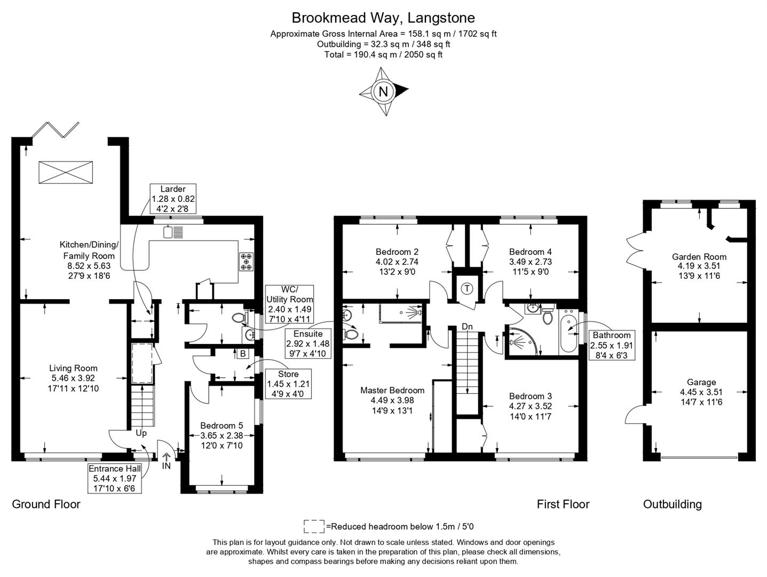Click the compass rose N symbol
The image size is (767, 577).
pyautogui.click(x=383, y=91)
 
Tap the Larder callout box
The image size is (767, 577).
pyautogui.click(x=173, y=199)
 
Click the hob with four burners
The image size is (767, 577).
pyautogui.click(x=247, y=262)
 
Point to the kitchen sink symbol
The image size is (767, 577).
pyautogui.click(x=174, y=232)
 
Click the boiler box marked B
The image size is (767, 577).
pyautogui.click(x=243, y=353)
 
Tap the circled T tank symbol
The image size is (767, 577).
pyautogui.click(x=467, y=289)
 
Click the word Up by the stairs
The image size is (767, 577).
pyautogui.click(x=141, y=433)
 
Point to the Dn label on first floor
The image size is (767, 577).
pyautogui.click(x=467, y=326)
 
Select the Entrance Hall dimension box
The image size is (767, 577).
pyautogui.click(x=115, y=478)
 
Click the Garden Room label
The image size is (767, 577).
pyautogui.click(x=699, y=256)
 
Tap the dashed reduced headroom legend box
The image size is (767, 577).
pyautogui.click(x=314, y=526)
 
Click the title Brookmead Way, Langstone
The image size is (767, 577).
pyautogui.click(x=383, y=18)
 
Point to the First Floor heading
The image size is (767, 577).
pyautogui.click(x=563, y=504)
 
